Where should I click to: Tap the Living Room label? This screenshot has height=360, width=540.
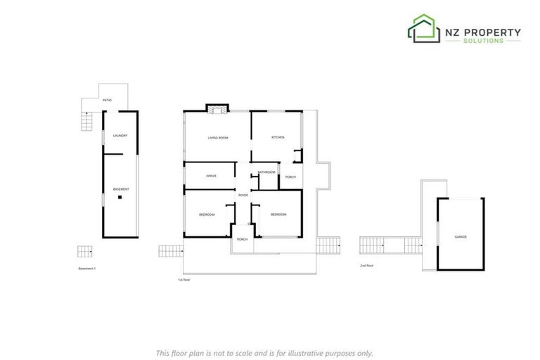coord(218,138)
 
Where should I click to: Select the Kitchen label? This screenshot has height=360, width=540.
coord(278,137)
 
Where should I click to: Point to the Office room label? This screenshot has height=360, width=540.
coord(211,176)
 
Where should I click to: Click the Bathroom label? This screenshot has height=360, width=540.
coord(266,172)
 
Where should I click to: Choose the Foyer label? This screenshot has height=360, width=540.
coord(243,195)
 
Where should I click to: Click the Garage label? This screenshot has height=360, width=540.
coord(461,237)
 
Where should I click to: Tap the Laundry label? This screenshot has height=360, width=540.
coord(120,135)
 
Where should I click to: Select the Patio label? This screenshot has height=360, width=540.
coord(107,101)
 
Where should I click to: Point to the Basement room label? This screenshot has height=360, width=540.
coord(121,190)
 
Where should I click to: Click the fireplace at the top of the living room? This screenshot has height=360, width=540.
coord(217,109)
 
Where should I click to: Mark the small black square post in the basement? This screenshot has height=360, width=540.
coord(120,198)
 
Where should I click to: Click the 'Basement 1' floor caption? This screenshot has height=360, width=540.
coord(87,269)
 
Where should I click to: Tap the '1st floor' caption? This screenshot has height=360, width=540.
coord(184,280)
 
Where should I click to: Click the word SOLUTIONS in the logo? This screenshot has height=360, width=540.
coord(483,41)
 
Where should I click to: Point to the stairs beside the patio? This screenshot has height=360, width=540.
coord(87,123)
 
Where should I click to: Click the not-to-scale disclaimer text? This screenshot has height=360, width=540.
coord(264,353)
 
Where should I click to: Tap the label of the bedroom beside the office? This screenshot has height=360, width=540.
coord(207,214)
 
